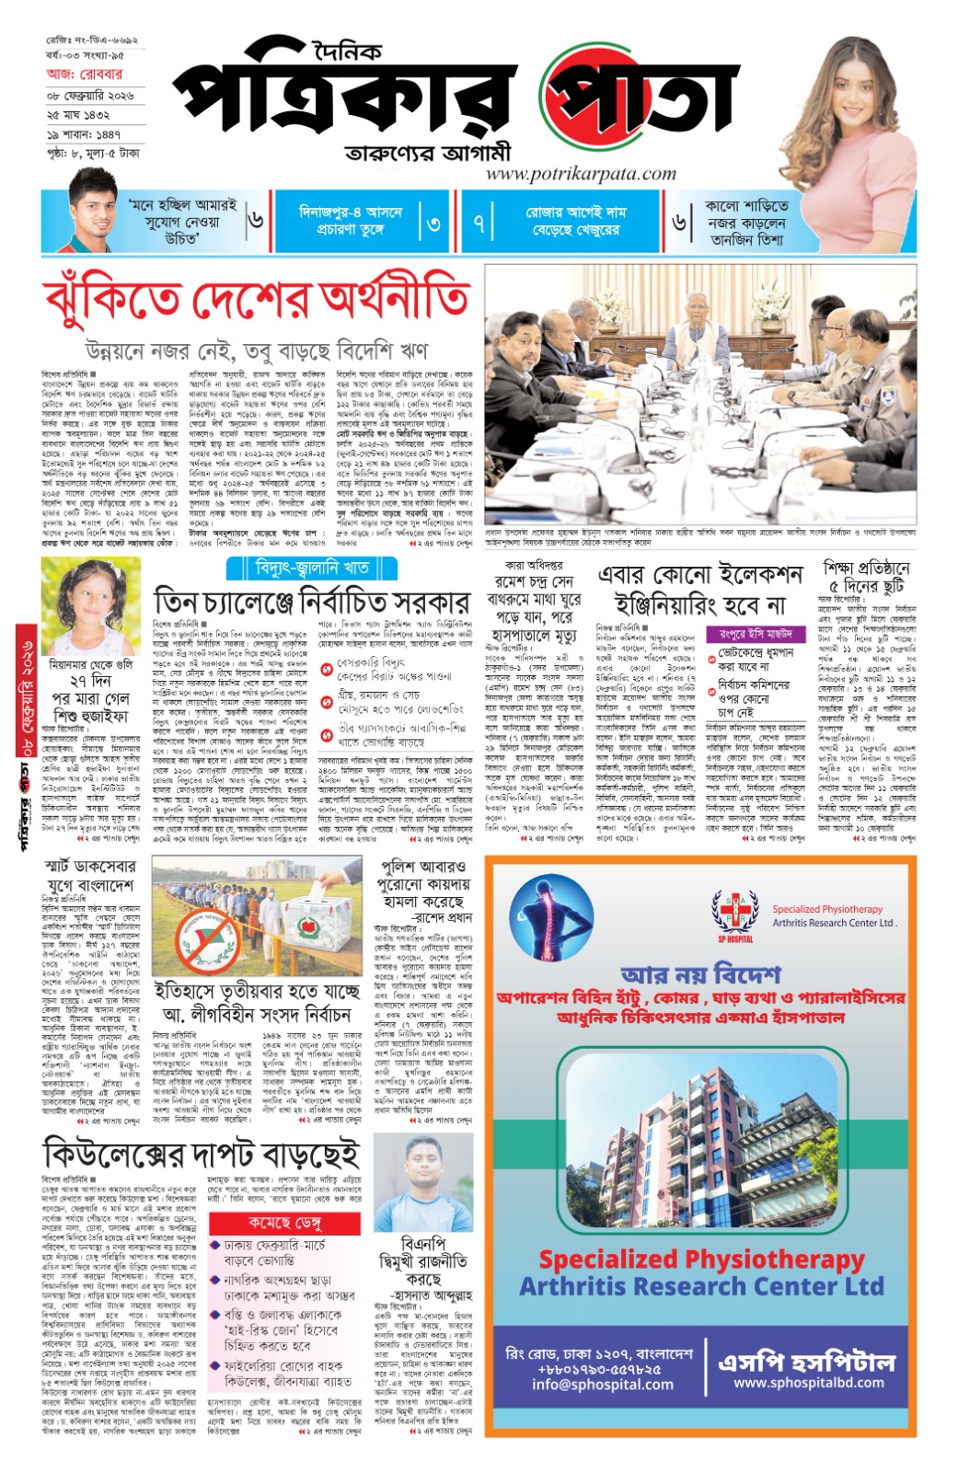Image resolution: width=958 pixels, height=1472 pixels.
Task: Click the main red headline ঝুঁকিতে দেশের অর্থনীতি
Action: (x=256, y=300)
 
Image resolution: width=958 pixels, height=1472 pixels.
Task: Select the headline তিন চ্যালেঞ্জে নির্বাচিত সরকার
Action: (x=311, y=603)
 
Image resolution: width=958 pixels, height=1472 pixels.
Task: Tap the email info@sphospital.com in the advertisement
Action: (x=602, y=1384)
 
